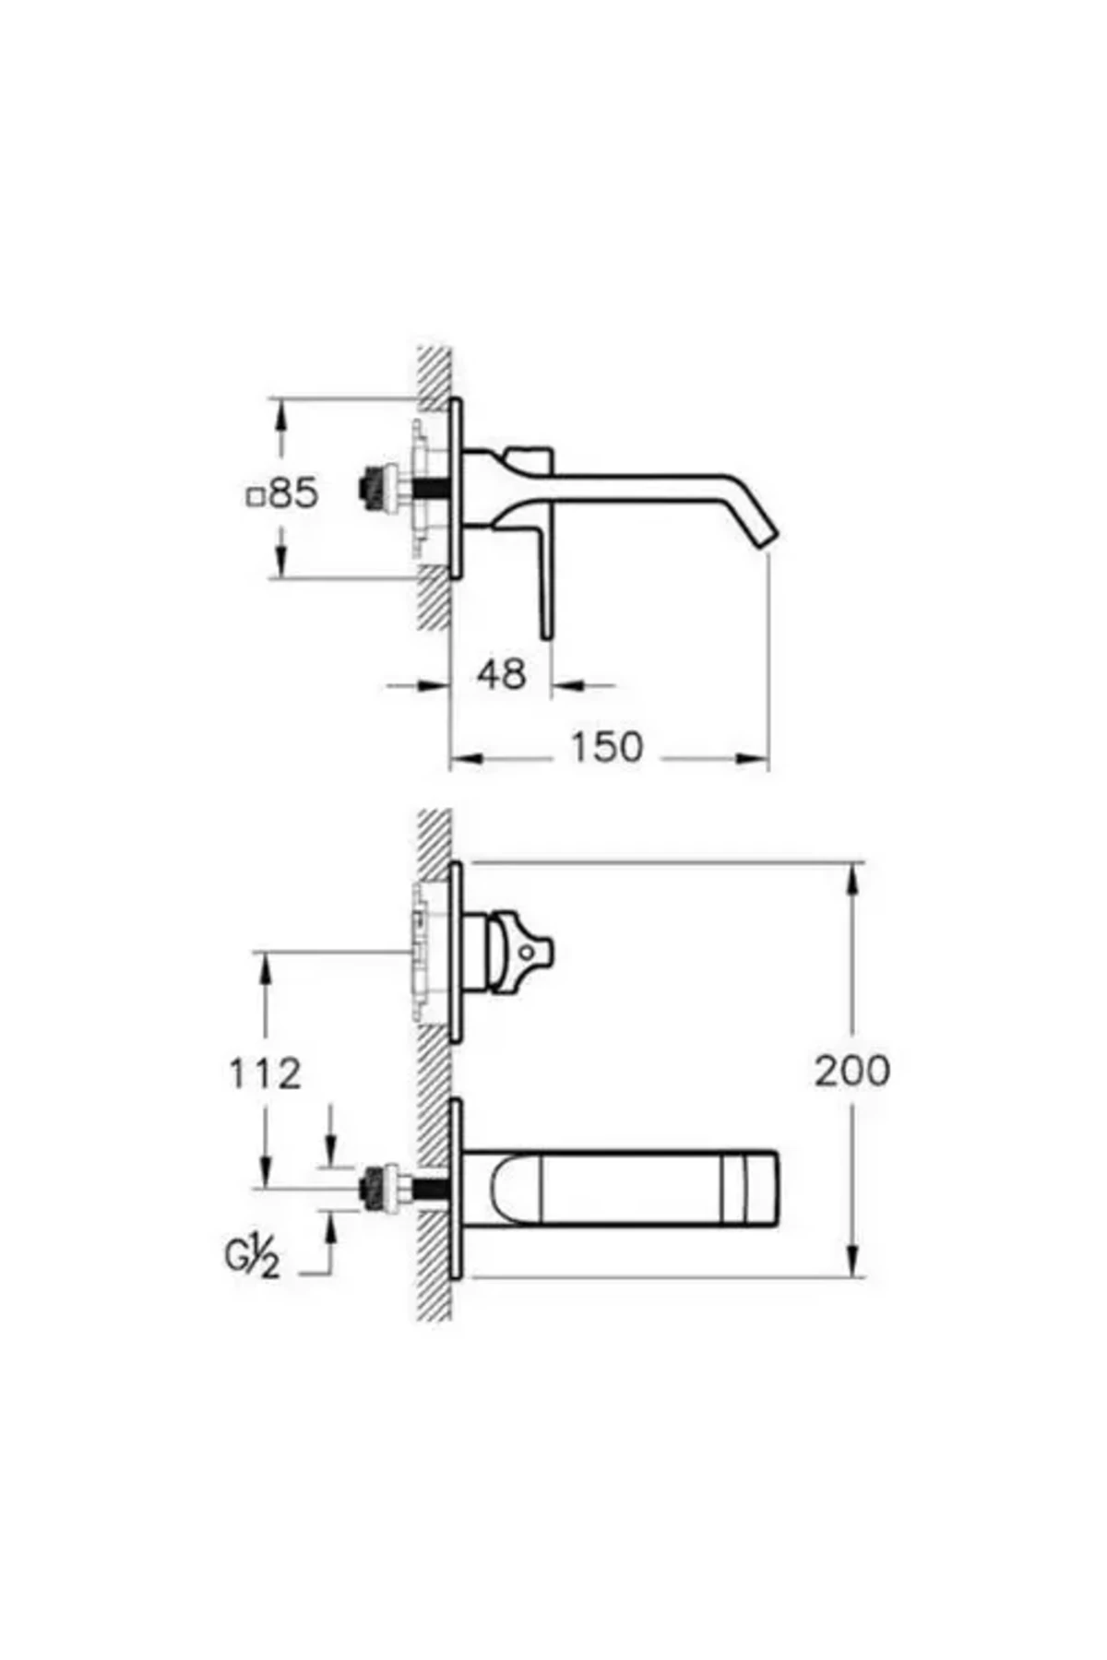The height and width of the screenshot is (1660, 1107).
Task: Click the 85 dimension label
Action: [x=293, y=493]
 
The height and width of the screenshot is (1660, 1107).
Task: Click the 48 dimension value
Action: [x=502, y=674]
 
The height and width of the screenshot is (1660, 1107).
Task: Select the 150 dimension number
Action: [x=605, y=747]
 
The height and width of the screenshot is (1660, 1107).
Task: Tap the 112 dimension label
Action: [x=265, y=1073]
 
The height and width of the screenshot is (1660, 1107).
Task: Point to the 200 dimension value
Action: [x=851, y=1071]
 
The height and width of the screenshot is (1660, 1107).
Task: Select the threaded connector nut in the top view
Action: [x=374, y=488]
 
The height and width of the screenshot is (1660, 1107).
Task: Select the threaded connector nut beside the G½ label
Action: [x=375, y=1186]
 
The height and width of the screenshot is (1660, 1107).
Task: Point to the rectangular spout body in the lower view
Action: [x=627, y=1187]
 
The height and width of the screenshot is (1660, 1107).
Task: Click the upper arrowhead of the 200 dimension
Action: [x=854, y=876]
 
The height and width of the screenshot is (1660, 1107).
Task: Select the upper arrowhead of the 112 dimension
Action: [x=265, y=964]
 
